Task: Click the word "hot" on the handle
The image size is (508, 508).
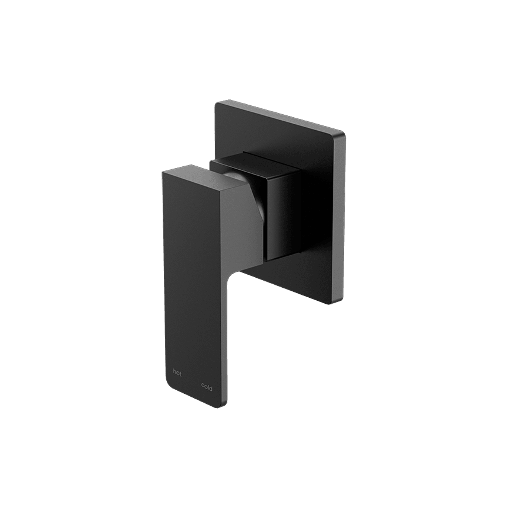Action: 177,373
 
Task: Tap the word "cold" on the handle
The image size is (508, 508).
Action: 207,388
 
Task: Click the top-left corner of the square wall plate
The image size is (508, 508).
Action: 216,104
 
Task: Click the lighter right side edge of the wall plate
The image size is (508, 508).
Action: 339,218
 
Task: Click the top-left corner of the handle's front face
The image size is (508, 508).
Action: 163,172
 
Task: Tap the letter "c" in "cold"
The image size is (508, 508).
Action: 203,388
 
